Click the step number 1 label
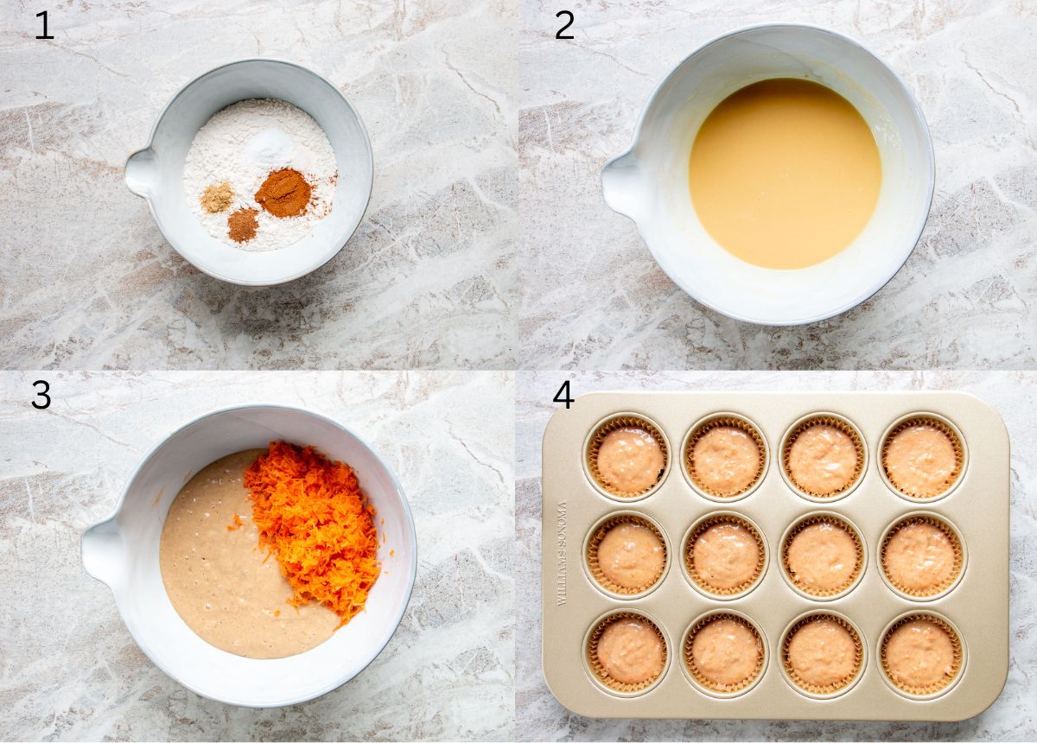coord(43,26)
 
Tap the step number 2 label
coord(564,26)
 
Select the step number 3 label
coord(41,395)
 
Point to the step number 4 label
coord(563,395)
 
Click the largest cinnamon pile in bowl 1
coord(283,193)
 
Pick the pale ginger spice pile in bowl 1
coord(217,197)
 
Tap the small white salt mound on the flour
coord(269,147)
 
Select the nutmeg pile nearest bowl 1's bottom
coord(243,225)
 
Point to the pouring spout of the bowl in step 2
coord(620,184)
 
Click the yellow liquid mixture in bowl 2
coord(785,173)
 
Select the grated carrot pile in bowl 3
coord(315,527)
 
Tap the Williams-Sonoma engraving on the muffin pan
coord(563,553)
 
